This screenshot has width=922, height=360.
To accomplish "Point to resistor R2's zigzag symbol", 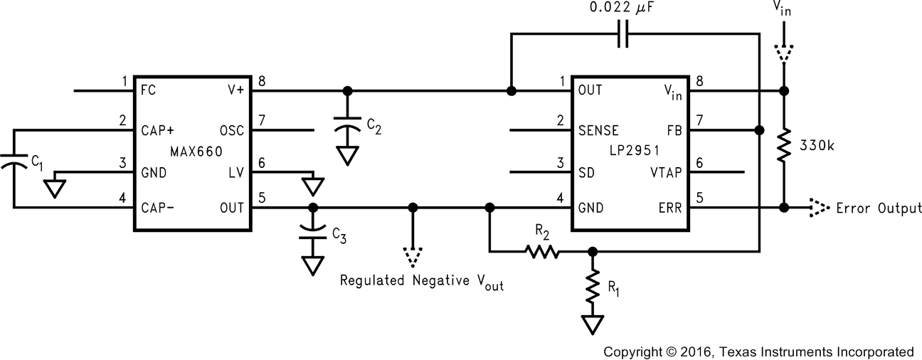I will point(542,251).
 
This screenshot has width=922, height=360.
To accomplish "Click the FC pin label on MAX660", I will point(149,91).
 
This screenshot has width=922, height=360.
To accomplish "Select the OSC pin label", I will point(232,130).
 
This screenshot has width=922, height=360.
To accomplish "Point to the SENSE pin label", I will point(598,130).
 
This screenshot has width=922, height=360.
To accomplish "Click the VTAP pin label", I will point(667,171).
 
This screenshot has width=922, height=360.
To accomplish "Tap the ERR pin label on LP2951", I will point(670,208).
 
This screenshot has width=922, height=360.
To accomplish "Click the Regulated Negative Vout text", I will point(422,280).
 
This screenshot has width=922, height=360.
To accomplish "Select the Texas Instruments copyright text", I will point(758,351).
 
